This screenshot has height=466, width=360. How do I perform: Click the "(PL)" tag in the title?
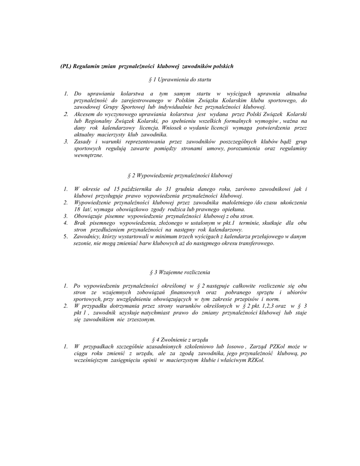(66, 66)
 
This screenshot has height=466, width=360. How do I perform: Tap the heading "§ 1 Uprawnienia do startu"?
(180, 80)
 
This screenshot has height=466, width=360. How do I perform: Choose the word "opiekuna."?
(233, 209)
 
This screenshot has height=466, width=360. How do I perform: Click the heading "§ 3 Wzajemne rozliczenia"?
(180, 272)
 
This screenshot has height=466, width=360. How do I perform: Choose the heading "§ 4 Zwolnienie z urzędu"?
(180, 339)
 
